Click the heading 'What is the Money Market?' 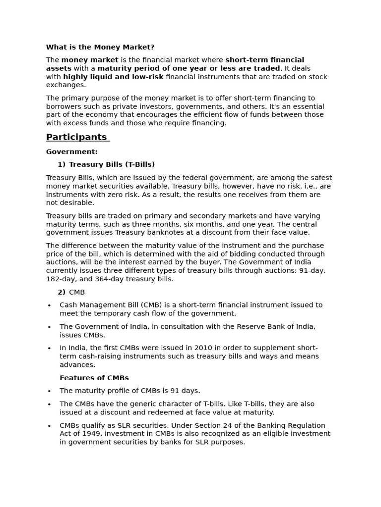click(100, 47)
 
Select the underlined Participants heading click(76, 137)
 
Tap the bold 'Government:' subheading click(72, 152)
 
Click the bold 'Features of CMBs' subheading click(94, 378)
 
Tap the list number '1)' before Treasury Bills click(62, 164)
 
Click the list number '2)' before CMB click(62, 292)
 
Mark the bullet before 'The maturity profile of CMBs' click(49, 391)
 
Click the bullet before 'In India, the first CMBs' click(49, 348)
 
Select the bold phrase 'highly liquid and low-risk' click(113, 77)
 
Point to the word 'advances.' click(77, 364)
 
